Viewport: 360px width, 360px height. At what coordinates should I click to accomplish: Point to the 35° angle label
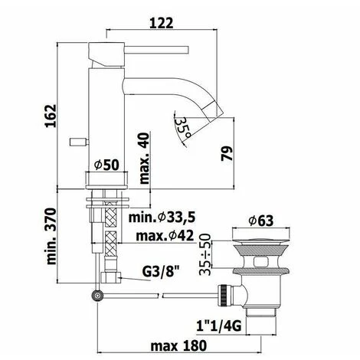click(x=182, y=124)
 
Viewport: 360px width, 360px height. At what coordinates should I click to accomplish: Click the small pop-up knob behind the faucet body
click(x=76, y=140)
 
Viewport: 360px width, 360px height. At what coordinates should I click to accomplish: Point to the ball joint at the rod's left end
click(x=98, y=293)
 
